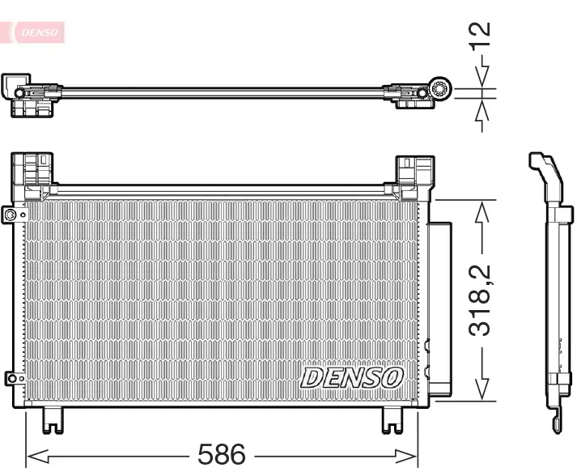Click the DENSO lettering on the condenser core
pyautogui.click(x=352, y=377)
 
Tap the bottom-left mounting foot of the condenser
pyautogui.click(x=53, y=419)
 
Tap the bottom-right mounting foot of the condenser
pyautogui.click(x=392, y=419)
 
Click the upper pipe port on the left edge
pyautogui.click(x=11, y=215)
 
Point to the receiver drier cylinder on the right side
pyautogui.click(x=439, y=308)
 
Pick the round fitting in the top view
pyautogui.click(x=440, y=90)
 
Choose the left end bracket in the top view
pyautogui.click(x=28, y=96)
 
